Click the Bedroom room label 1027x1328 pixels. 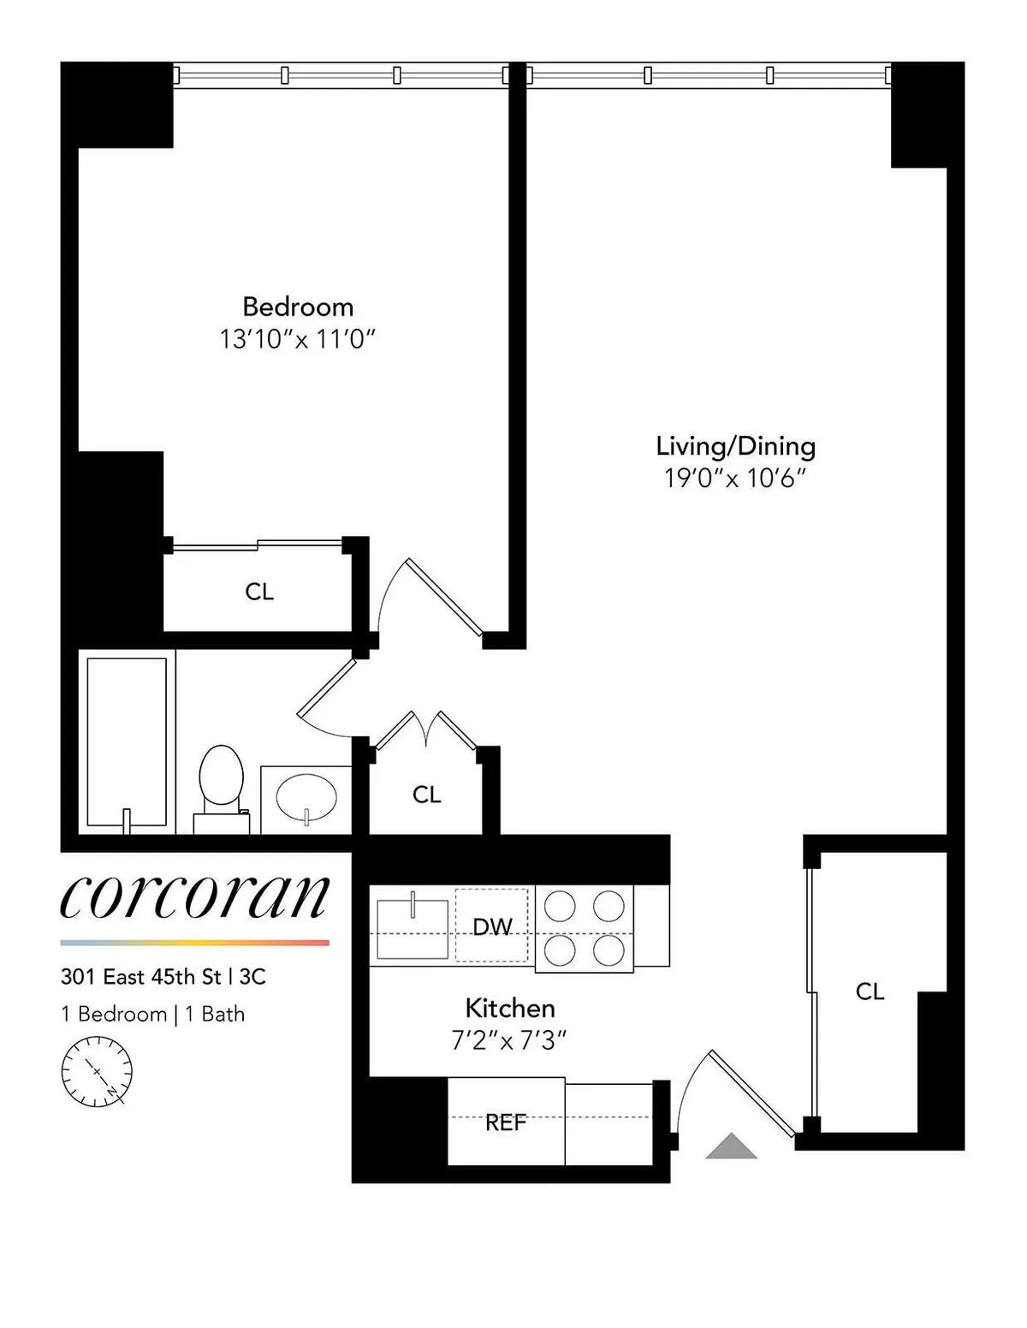click(x=298, y=307)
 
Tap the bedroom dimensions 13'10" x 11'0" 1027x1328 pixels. click(x=298, y=340)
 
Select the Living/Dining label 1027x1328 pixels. click(x=735, y=446)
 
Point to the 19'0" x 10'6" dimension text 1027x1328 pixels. click(x=735, y=479)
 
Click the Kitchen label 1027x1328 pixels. click(x=510, y=1008)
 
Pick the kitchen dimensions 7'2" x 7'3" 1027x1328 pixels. click(x=510, y=1041)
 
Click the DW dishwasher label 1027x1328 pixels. click(x=492, y=926)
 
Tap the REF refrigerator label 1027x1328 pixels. click(x=505, y=1123)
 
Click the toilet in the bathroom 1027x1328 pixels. click(x=221, y=783)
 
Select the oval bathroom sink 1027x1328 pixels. click(x=306, y=797)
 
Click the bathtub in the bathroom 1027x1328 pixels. click(x=127, y=741)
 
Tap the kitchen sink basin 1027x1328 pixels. click(x=413, y=927)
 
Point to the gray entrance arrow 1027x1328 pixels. click(x=731, y=1146)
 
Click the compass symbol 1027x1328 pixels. click(x=97, y=1071)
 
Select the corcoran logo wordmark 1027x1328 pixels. click(x=195, y=896)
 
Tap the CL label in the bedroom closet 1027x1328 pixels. click(x=259, y=592)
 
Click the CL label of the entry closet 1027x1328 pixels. click(x=870, y=992)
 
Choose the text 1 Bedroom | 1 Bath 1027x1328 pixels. click(x=153, y=1015)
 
